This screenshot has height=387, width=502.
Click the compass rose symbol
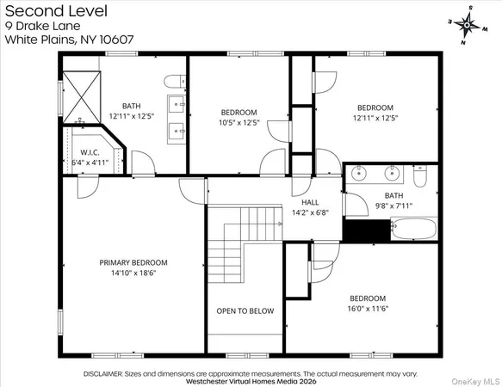coord(466,25)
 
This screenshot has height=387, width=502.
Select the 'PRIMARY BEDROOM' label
coord(133,262)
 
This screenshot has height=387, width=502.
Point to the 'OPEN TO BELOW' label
coord(245,311)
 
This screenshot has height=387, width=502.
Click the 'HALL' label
coord(310,202)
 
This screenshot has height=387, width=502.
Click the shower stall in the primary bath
coord(83,89)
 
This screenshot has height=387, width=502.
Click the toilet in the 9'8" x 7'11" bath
coord(420,175)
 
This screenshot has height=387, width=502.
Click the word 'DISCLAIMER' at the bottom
coord(107,374)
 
